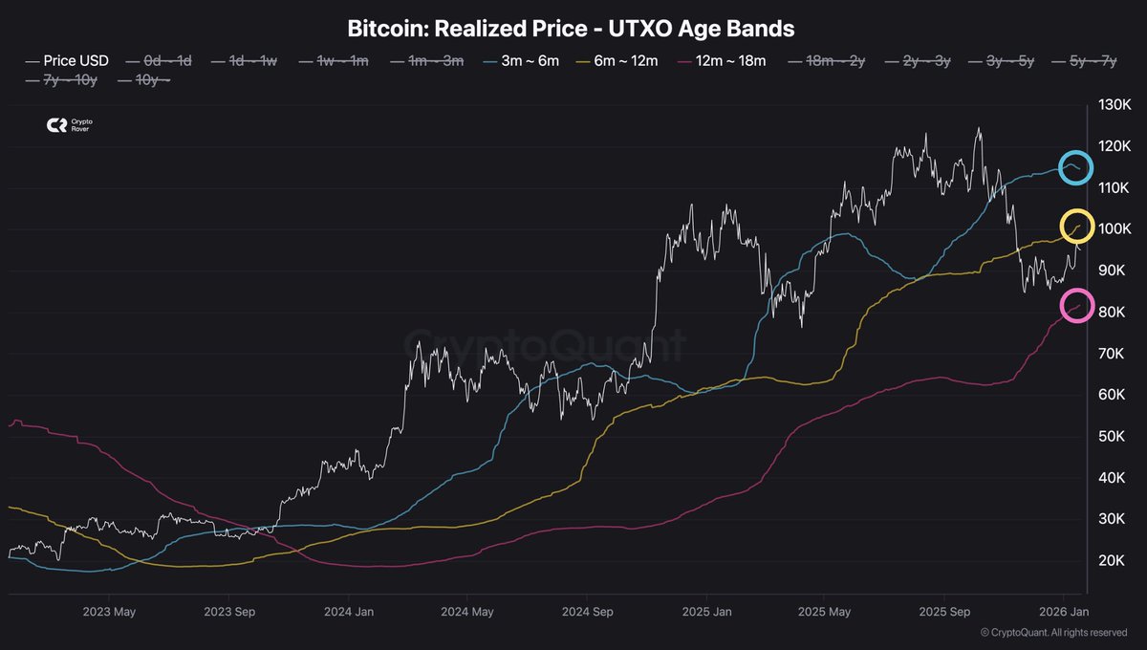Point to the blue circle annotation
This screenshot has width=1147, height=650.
(x=1076, y=168)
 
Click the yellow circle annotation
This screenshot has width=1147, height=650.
(x=1076, y=227)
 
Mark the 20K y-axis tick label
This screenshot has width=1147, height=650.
(x=1111, y=560)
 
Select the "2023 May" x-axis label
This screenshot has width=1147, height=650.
(x=109, y=611)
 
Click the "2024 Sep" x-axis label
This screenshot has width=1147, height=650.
(x=586, y=611)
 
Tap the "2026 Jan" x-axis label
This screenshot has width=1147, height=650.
(x=1064, y=611)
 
